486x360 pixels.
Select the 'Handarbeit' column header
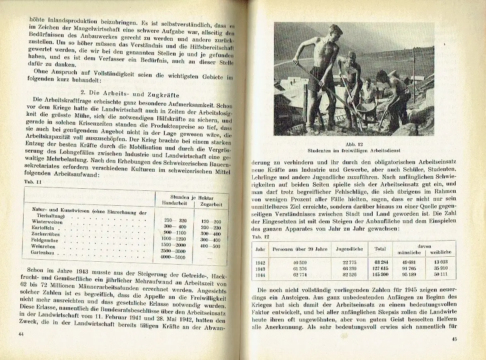[174, 204]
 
